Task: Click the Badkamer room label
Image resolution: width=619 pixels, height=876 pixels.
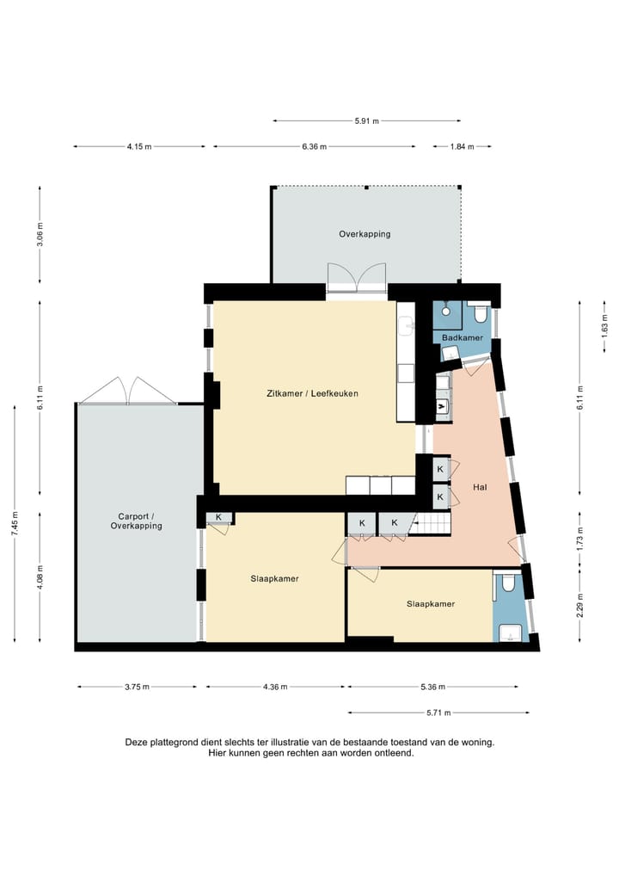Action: click(463, 338)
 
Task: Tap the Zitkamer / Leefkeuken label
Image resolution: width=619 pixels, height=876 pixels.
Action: click(313, 393)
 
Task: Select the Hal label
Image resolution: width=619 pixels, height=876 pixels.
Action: click(480, 487)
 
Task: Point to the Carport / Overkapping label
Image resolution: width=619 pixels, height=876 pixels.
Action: click(136, 521)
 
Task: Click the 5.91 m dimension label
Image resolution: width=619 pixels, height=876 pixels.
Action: click(367, 120)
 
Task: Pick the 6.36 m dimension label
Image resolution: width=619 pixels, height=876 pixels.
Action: click(315, 147)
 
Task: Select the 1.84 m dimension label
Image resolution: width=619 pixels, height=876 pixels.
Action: click(463, 147)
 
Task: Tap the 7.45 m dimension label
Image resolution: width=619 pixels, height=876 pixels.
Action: click(15, 523)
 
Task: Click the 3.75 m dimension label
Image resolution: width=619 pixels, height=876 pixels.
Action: click(137, 687)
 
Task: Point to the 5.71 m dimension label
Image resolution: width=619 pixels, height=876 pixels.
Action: click(438, 713)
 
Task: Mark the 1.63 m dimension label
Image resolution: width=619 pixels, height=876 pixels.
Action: click(604, 327)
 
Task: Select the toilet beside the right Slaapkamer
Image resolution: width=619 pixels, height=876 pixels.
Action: click(508, 583)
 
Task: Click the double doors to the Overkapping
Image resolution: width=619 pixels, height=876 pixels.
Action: click(357, 278)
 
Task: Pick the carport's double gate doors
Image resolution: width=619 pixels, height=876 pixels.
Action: click(128, 391)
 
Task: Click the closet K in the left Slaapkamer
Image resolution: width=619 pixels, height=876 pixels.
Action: click(218, 517)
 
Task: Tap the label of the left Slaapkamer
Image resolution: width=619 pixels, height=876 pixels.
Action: click(274, 579)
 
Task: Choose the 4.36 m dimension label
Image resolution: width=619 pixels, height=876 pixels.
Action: click(275, 687)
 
